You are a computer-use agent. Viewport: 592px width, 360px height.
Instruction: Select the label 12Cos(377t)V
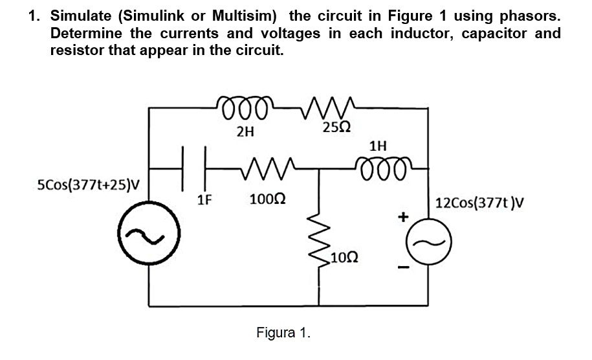coord(479,204)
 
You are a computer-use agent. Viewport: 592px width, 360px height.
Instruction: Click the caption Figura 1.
coord(283,333)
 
